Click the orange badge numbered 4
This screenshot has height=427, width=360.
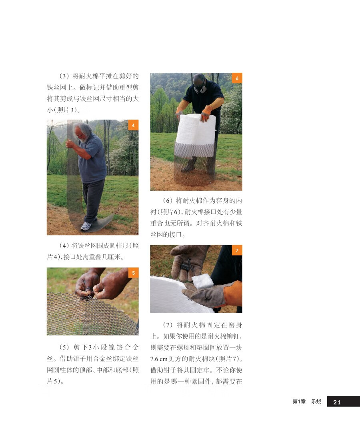[x=133, y=125]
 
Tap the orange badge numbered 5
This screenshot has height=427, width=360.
[x=133, y=273]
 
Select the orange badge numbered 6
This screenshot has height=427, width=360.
[x=237, y=78]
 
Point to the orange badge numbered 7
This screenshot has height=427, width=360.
[x=237, y=250]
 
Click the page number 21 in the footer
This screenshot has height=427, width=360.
[x=337, y=402]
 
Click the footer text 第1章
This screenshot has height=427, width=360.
[x=299, y=401]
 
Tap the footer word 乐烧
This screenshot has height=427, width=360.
[x=316, y=401]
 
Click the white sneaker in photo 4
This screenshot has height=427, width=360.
[x=86, y=226]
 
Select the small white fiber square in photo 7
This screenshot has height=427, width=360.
[x=202, y=281]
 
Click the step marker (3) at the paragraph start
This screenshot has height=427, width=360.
[x=64, y=76]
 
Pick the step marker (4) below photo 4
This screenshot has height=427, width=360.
[x=64, y=245]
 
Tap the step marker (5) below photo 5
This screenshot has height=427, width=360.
[x=64, y=347]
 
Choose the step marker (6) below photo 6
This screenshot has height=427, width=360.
[x=168, y=201]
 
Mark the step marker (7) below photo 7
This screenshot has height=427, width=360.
[x=168, y=325]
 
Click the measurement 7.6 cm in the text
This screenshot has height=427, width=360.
[x=159, y=359]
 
